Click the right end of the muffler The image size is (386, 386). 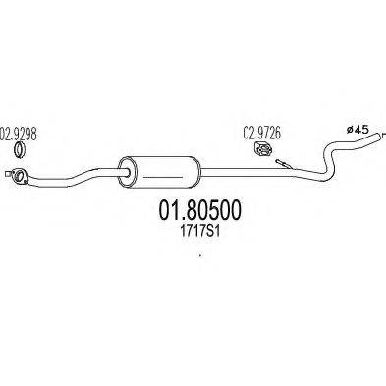click(198, 168)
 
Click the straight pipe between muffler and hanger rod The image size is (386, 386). click(236, 167)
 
